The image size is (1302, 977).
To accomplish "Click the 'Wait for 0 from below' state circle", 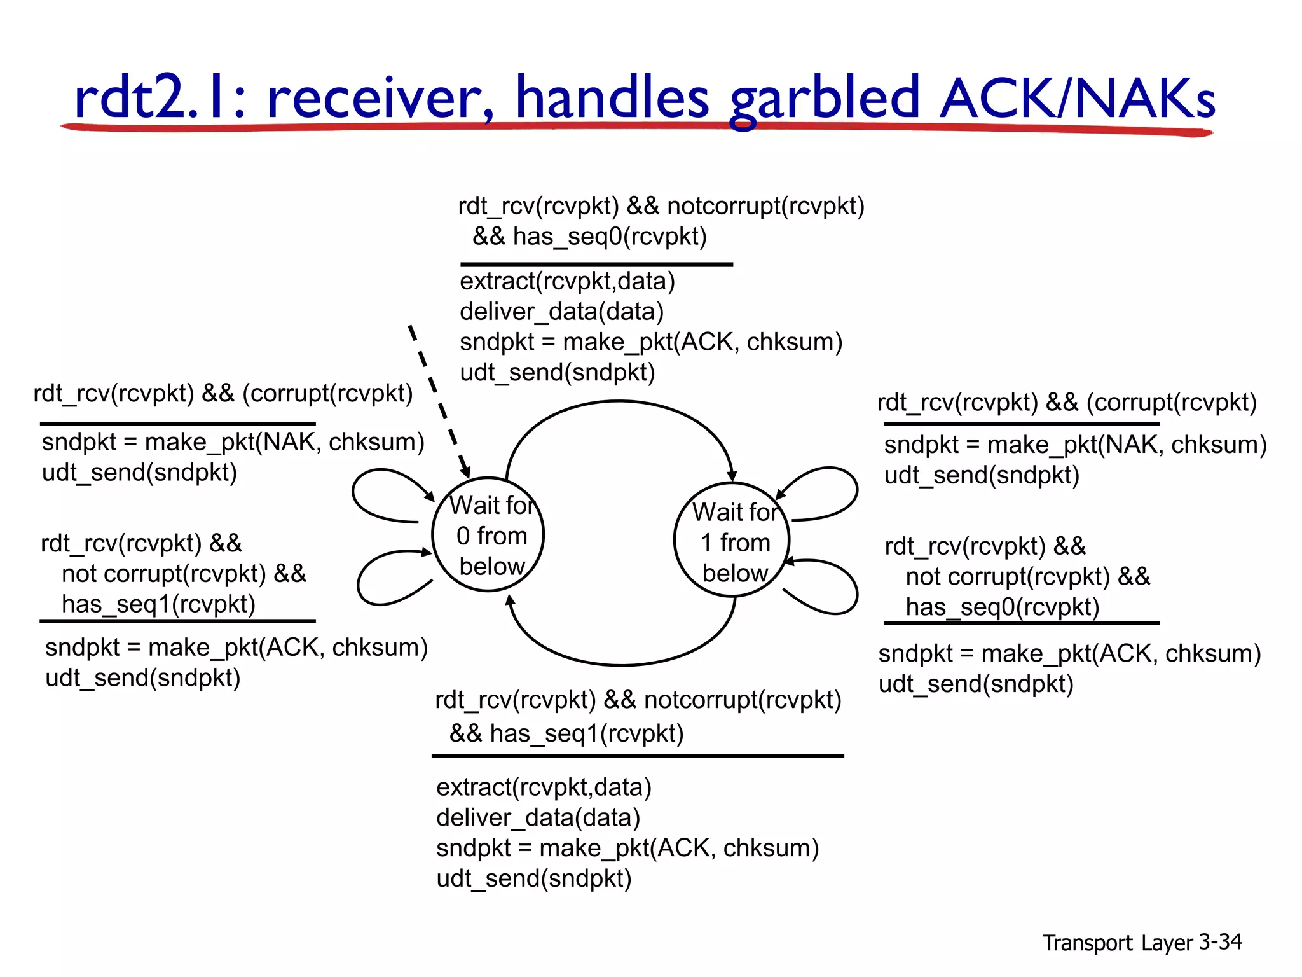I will pyautogui.click(x=488, y=534).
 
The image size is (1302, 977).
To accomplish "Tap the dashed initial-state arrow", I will pyautogui.click(x=439, y=401).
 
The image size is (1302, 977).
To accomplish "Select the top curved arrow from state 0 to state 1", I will pyautogui.click(x=620, y=402).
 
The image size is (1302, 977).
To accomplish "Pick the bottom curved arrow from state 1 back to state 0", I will pyautogui.click(x=620, y=664).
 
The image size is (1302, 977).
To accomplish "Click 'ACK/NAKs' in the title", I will pyautogui.click(x=1078, y=99).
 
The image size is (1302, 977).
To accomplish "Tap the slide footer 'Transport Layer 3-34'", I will pyautogui.click(x=1142, y=942).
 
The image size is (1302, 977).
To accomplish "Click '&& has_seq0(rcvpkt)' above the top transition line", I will pyautogui.click(x=589, y=237).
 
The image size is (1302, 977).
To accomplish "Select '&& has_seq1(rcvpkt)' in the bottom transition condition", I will pyautogui.click(x=566, y=733).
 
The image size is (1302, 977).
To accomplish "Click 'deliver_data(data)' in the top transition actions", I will pyautogui.click(x=561, y=312).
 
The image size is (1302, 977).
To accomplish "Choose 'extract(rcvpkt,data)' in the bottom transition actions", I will pyautogui.click(x=544, y=787).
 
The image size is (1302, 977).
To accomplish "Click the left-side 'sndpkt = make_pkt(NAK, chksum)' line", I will pyautogui.click(x=233, y=442).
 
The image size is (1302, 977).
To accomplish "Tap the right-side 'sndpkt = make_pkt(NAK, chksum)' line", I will pyautogui.click(x=1075, y=445).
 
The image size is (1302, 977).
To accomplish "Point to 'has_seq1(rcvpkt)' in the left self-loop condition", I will pyautogui.click(x=158, y=604).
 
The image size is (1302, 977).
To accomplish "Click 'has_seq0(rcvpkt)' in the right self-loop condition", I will pyautogui.click(x=1003, y=607).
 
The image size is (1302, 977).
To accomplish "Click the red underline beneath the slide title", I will pyautogui.click(x=636, y=127).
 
